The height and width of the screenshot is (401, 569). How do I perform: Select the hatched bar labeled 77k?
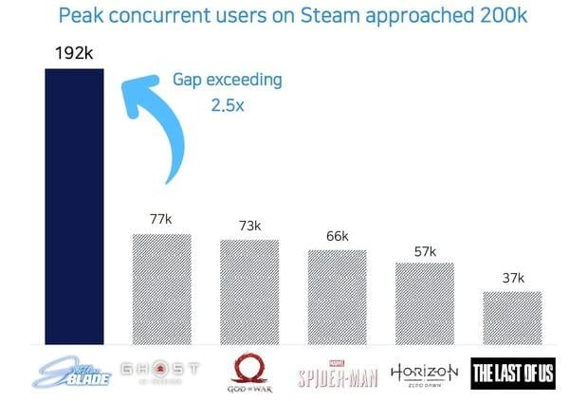tap(161, 289)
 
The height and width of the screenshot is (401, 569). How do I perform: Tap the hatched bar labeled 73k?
tap(249, 292)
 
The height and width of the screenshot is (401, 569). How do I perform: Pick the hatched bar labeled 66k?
tap(337, 297)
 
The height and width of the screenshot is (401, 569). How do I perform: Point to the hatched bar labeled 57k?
tap(425, 303)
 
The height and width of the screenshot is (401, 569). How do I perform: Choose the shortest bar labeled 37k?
tap(512, 318)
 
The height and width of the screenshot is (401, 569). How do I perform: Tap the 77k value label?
tap(161, 219)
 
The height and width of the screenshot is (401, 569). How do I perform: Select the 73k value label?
tap(249, 226)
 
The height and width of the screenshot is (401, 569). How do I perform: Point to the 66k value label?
tap(337, 236)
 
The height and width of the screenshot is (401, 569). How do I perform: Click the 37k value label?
tap(512, 278)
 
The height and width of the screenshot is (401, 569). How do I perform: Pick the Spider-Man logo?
tap(337, 373)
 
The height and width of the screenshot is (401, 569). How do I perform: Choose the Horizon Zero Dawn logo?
tap(425, 372)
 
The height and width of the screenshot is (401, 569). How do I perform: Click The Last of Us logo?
tap(512, 373)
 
